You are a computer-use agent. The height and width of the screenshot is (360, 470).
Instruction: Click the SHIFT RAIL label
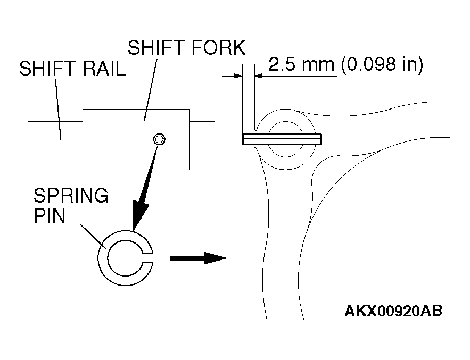[x=72, y=70]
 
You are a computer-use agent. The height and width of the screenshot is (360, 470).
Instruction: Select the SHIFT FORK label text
[x=186, y=48]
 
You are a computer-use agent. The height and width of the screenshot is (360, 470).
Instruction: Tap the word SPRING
[x=71, y=196]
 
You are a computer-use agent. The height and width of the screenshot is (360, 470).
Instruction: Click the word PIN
[x=50, y=216]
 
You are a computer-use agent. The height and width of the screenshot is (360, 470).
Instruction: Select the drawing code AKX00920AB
[x=393, y=311]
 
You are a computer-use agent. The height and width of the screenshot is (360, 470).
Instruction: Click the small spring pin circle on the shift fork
[x=159, y=139]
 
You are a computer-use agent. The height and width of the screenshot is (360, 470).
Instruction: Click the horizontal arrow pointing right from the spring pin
[x=197, y=258]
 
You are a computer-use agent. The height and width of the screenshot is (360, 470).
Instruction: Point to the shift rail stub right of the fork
[x=202, y=139]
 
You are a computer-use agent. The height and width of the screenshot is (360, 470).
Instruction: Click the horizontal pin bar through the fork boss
[x=282, y=139]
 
